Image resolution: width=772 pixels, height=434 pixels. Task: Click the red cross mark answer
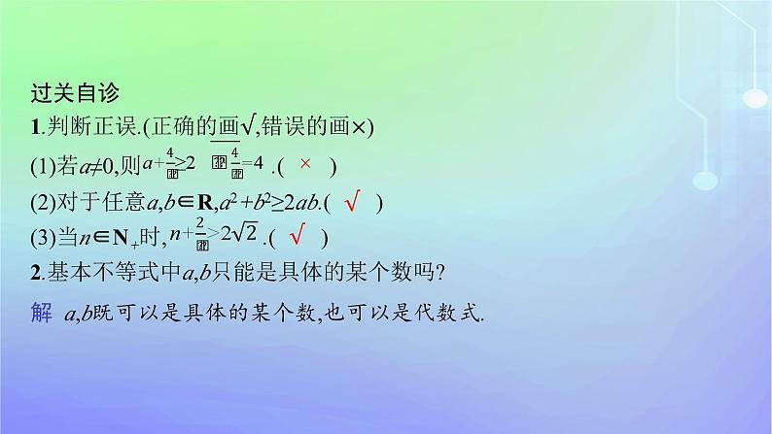304,164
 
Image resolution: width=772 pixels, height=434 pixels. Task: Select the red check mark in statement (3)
299,235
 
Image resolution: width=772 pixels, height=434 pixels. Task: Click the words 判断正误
84,127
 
